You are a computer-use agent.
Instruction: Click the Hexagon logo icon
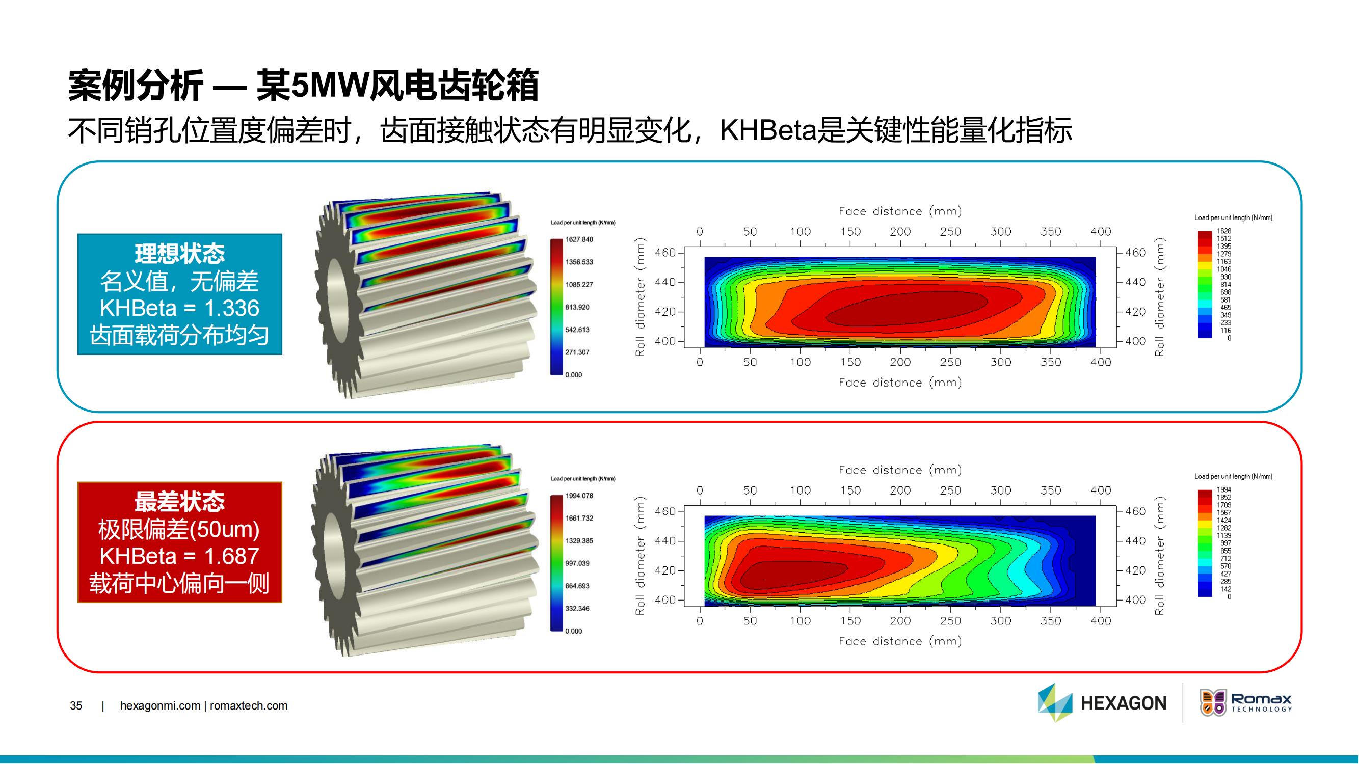[x=1055, y=702]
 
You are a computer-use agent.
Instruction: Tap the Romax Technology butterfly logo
[x=1213, y=702]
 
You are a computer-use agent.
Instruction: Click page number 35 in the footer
[x=76, y=706]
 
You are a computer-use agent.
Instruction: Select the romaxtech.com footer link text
[x=249, y=706]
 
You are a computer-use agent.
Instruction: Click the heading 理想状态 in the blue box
[x=179, y=254]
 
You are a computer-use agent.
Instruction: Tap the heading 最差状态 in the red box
[x=179, y=501]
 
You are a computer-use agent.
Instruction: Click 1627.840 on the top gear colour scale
[x=579, y=239]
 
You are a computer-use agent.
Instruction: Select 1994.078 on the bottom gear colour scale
[x=579, y=496]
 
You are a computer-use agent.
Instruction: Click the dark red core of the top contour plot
[x=907, y=308]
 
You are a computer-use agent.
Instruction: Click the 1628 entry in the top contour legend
[x=1224, y=231]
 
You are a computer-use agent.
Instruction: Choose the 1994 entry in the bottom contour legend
[x=1224, y=490]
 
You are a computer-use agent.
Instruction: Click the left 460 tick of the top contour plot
[x=665, y=253]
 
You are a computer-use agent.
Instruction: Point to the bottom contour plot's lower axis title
[x=900, y=641]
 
